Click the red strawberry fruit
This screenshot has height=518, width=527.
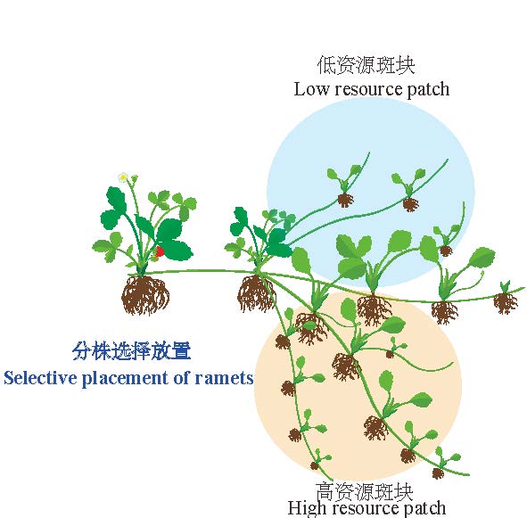160,251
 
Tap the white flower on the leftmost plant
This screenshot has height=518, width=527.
123,177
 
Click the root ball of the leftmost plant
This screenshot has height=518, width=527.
145,295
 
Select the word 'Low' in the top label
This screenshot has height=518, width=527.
311,89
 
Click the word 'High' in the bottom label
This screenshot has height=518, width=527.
303,508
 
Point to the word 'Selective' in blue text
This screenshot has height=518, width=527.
40,378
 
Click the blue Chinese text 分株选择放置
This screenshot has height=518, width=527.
131,351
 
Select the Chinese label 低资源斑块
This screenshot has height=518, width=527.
366,65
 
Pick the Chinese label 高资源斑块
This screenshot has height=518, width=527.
364,491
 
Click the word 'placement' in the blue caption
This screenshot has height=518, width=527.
125,379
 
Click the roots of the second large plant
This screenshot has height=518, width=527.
256,293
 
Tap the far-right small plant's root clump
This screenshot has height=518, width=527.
506,303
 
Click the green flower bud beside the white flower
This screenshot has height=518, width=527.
135,177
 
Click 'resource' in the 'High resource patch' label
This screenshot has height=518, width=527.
367,508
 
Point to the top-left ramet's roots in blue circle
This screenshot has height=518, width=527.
345,201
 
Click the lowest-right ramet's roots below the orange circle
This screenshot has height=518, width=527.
438,473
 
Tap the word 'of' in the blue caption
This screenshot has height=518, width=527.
181,377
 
